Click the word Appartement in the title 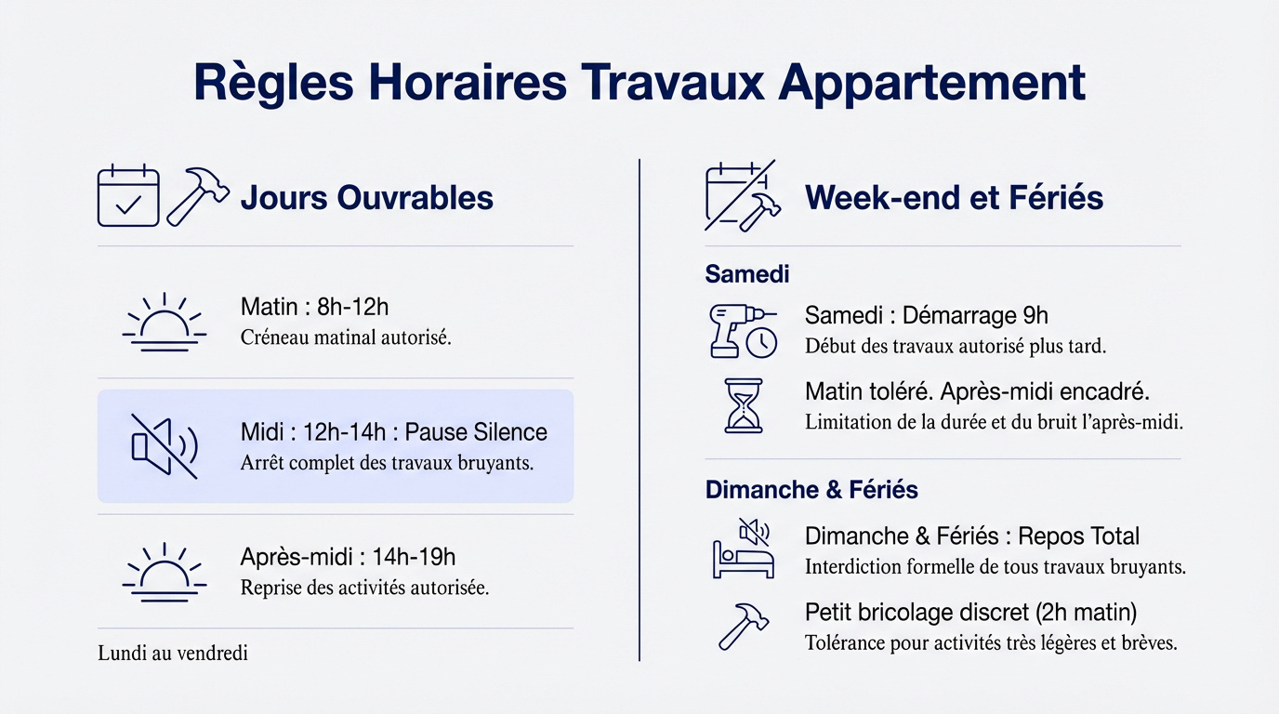[x=931, y=83]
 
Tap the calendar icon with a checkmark [x=128, y=196]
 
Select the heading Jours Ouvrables [x=366, y=197]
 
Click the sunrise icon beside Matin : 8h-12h [x=165, y=322]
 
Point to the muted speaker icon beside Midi [x=165, y=446]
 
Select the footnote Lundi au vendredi [x=173, y=654]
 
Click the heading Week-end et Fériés [x=954, y=197]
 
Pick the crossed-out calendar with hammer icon [x=742, y=196]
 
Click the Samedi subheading [x=747, y=274]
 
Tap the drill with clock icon [x=742, y=330]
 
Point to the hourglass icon [x=743, y=405]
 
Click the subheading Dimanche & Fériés [x=811, y=490]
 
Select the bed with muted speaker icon [x=742, y=549]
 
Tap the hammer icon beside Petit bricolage [x=742, y=626]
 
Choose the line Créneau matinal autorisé [x=346, y=337]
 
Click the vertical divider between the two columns [x=639, y=409]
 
